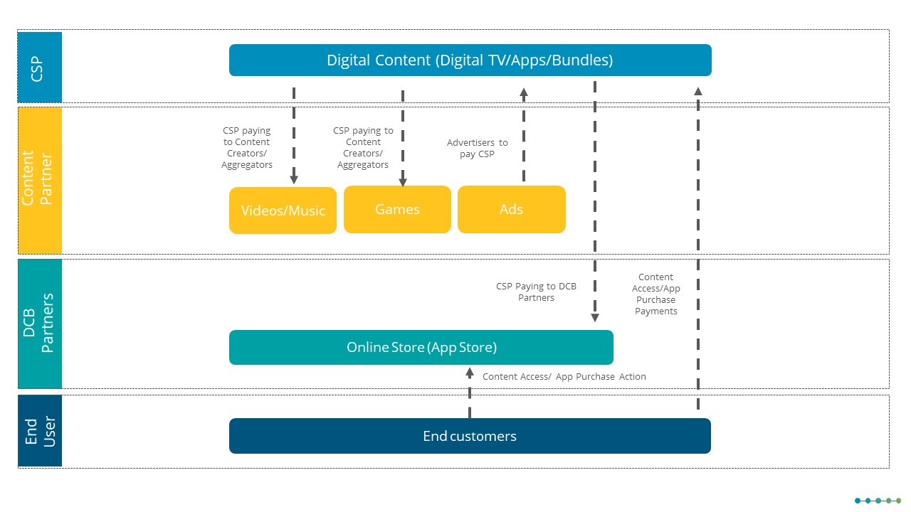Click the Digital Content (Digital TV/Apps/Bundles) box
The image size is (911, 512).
[470, 60]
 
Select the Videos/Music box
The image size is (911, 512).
[283, 210]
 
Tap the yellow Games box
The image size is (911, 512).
[397, 209]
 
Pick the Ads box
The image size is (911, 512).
[511, 209]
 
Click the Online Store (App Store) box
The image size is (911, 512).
[421, 347]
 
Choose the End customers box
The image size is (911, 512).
[470, 436]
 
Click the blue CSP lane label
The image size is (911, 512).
[40, 67]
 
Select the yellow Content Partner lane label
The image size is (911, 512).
[40, 180]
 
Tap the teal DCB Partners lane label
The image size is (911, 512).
[40, 324]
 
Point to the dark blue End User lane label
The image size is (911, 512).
[40, 431]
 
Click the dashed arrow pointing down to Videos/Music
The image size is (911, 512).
[294, 135]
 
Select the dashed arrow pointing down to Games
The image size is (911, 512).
[403, 139]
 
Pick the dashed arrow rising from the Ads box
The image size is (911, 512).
[524, 135]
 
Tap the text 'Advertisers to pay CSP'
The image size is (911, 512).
[477, 149]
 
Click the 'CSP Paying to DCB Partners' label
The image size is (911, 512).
[536, 292]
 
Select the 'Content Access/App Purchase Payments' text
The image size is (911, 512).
[656, 294]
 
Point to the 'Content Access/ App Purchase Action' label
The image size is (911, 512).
[564, 377]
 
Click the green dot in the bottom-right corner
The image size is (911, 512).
[898, 501]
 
